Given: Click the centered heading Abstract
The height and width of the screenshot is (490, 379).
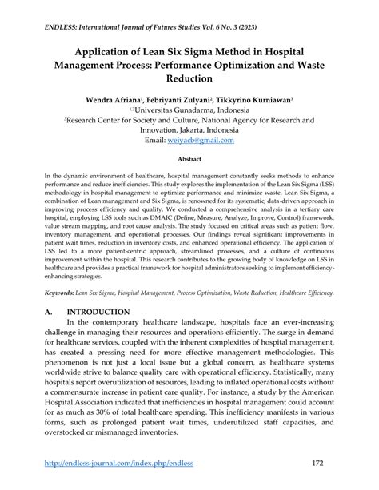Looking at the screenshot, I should (x=189, y=159).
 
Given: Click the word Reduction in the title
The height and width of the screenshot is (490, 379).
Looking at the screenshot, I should (x=189, y=78).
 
